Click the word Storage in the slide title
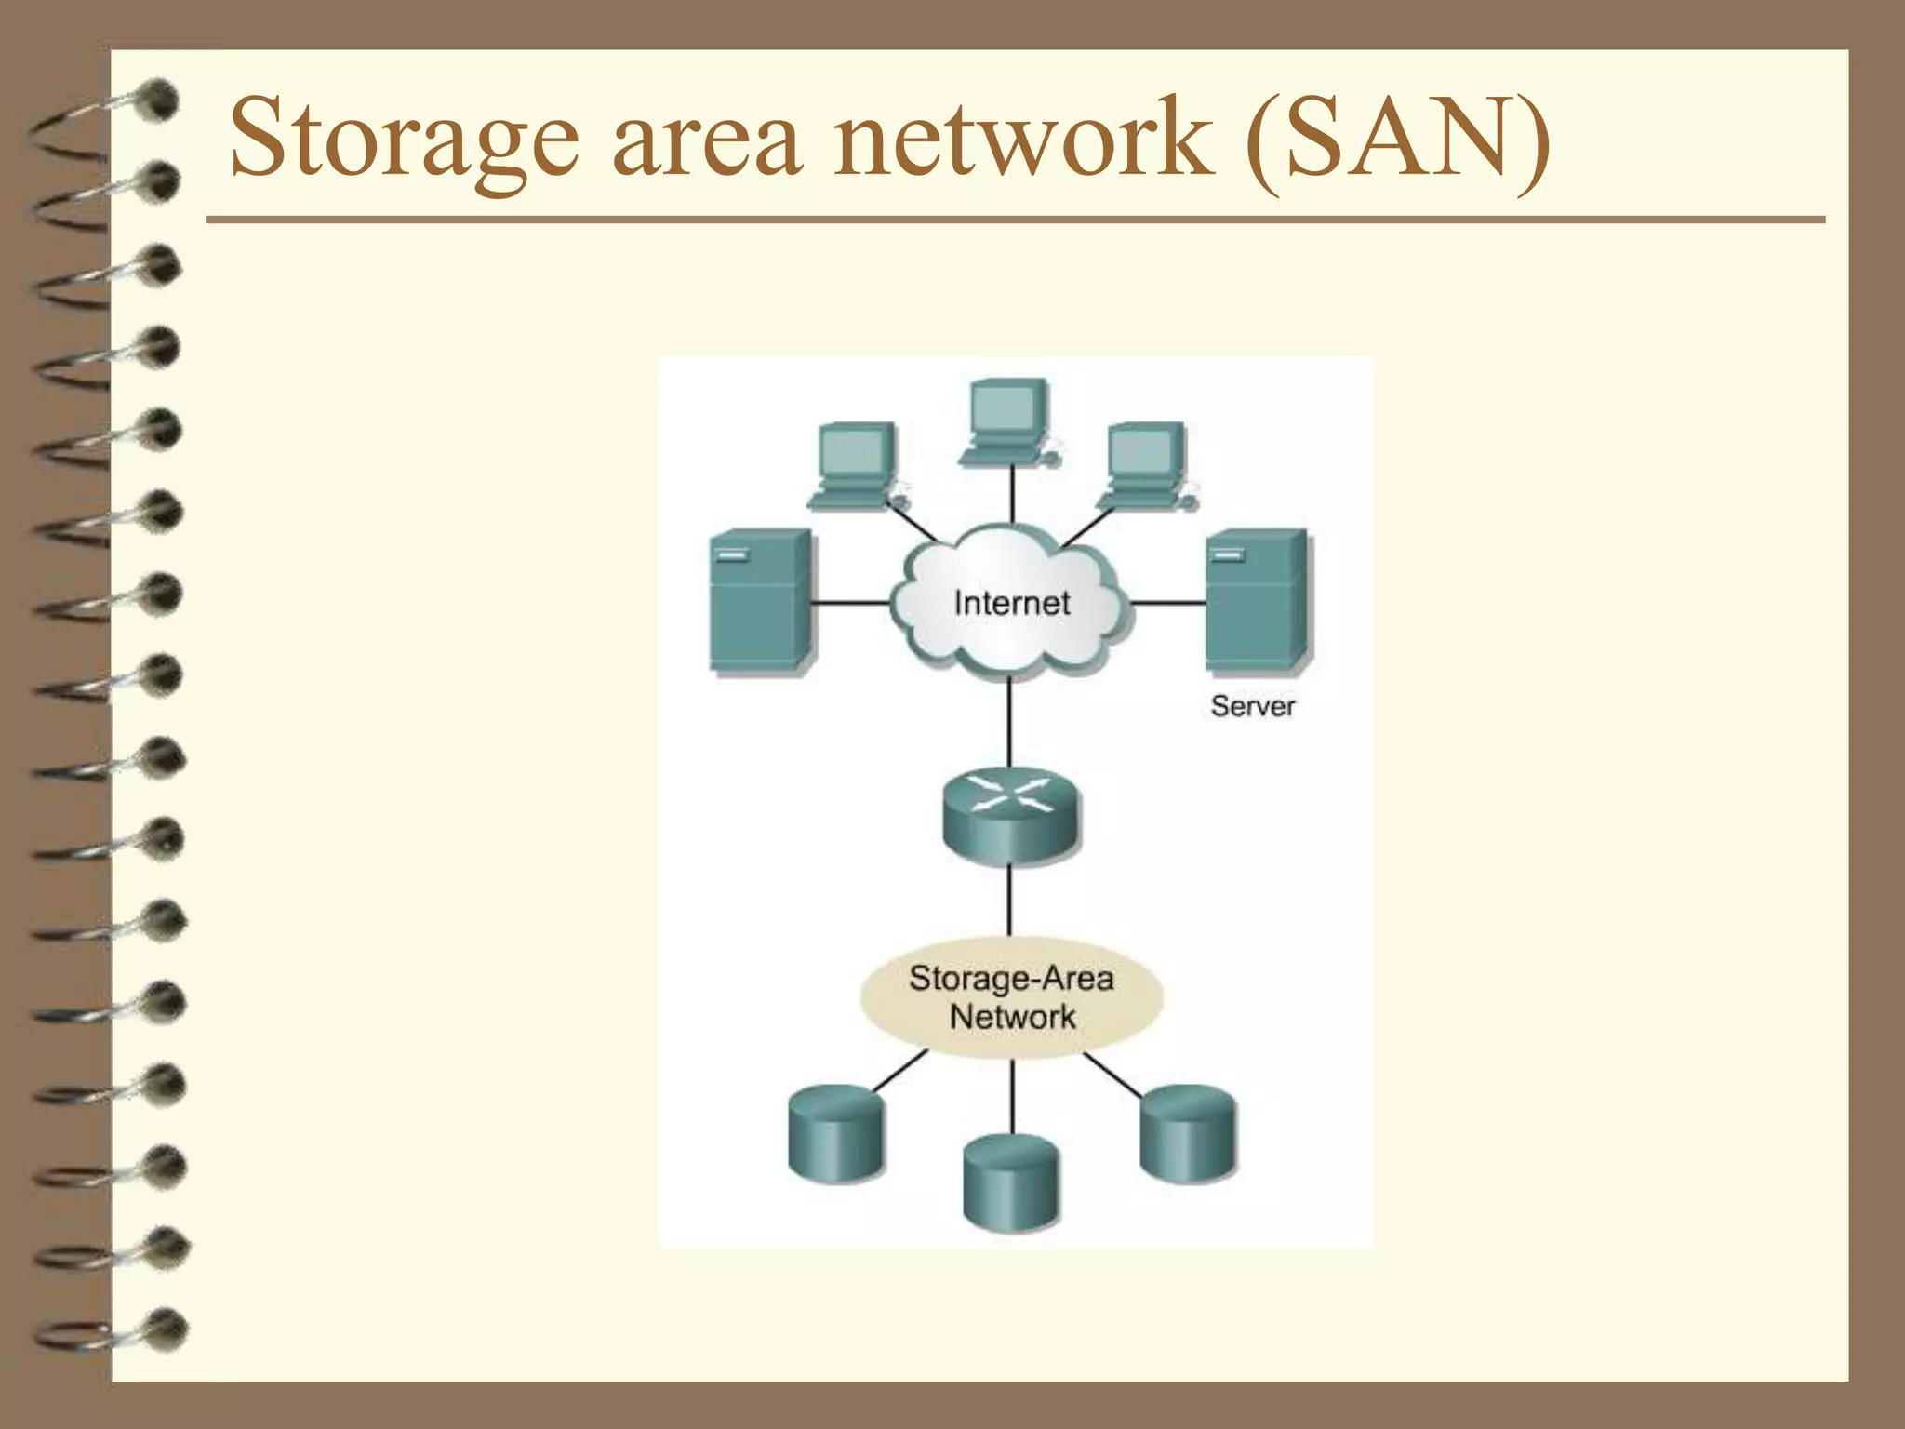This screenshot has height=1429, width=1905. point(405,140)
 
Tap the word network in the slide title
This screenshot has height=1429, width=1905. point(1023,140)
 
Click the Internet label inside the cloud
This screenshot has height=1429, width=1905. point(1011,603)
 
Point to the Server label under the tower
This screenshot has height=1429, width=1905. point(1252,706)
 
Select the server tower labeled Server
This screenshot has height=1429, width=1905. point(1257,600)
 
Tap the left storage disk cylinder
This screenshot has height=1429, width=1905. point(835,1132)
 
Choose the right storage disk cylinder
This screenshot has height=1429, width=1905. point(1188,1132)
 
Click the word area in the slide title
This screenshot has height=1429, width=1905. point(707,140)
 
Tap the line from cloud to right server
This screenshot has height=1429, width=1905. point(1168,603)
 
